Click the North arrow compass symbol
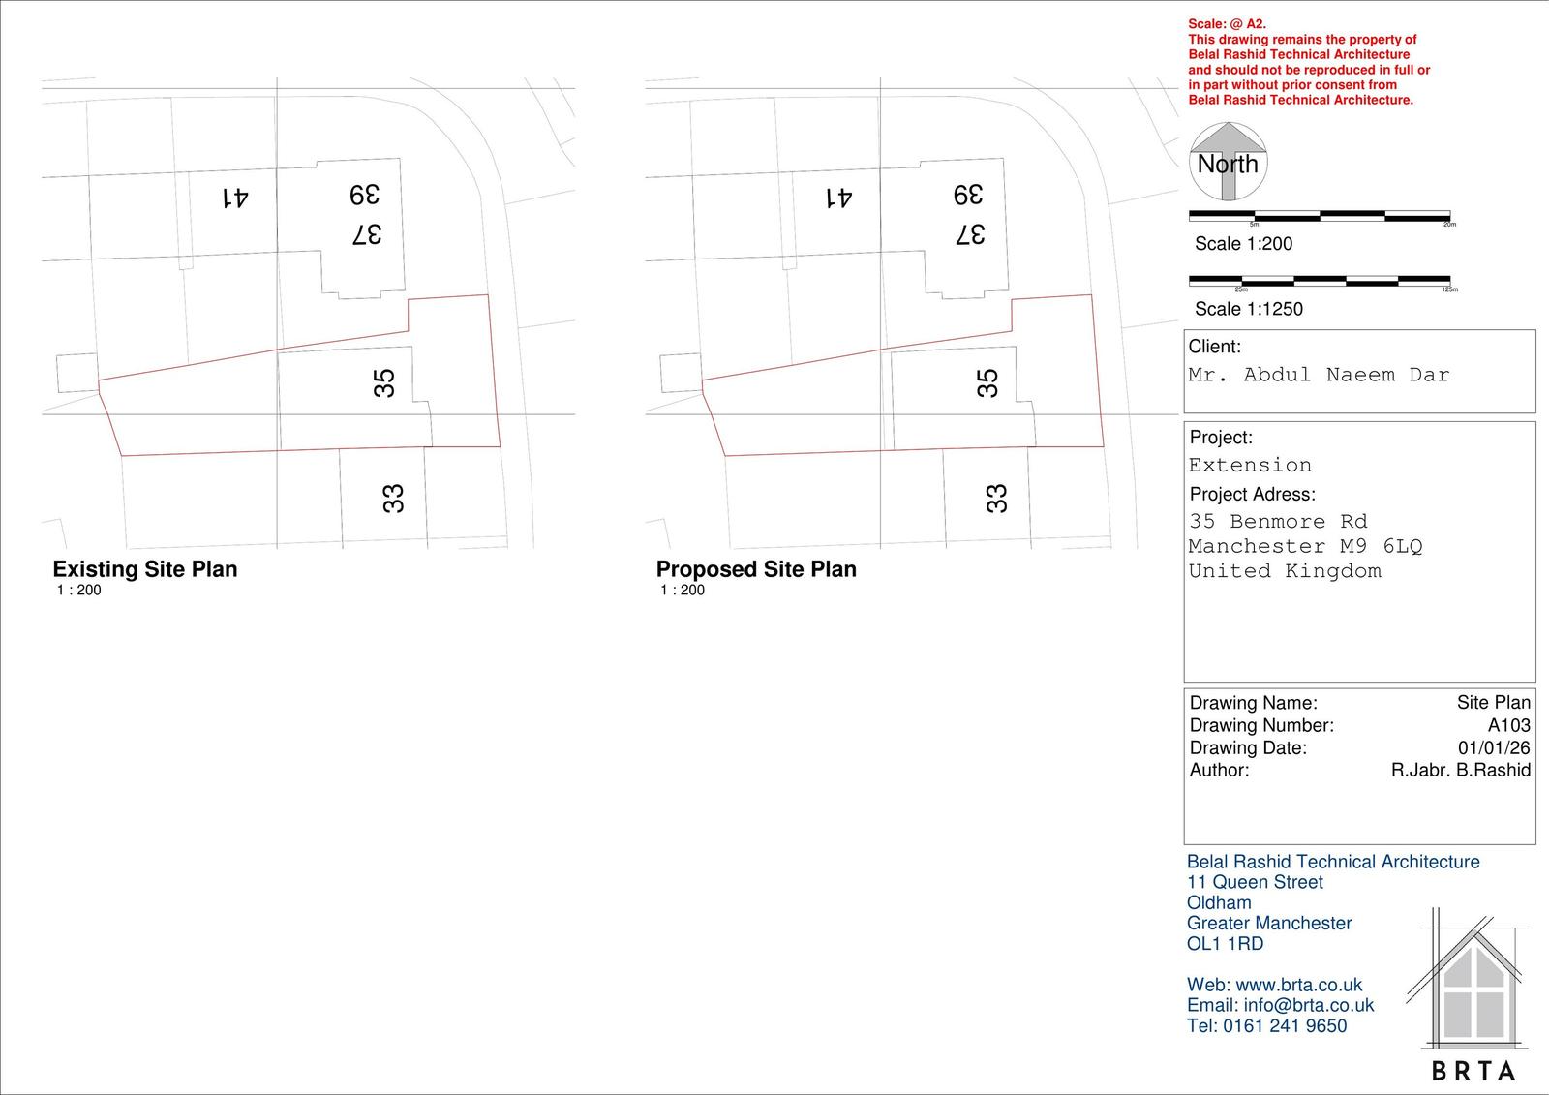[1228, 162]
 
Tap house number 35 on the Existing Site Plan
[384, 382]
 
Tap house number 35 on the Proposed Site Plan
[987, 382]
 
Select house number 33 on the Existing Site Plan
[393, 499]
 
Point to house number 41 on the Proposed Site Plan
[838, 198]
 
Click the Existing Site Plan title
[145, 569]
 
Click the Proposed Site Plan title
[756, 569]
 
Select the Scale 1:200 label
[1243, 244]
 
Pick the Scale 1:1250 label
[1248, 309]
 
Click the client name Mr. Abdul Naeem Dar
[1319, 376]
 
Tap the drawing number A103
[1508, 725]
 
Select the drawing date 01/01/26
[1494, 747]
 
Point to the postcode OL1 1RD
[1225, 944]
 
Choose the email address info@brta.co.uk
[1308, 1005]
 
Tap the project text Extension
[1250, 466]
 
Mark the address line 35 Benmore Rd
[1278, 522]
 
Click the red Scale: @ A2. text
[1227, 24]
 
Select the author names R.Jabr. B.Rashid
[1460, 770]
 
